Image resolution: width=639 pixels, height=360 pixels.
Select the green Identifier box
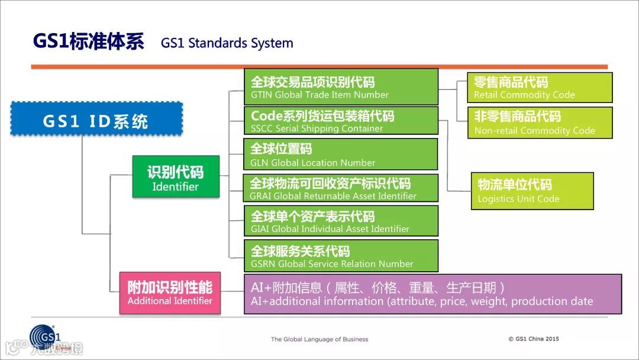pos(175,176)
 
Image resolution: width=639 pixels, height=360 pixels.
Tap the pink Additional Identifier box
pos(170,292)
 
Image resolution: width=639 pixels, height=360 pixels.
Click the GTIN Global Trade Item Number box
pos(341,87)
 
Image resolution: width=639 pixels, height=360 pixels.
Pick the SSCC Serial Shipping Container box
pos(341,121)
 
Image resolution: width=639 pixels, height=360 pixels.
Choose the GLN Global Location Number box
pos(341,155)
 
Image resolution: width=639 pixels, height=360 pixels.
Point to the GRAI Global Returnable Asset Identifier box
pos(341,188)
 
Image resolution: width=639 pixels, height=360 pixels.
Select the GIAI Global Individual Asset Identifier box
pos(341,221)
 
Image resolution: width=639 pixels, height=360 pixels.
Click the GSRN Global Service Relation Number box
pos(341,256)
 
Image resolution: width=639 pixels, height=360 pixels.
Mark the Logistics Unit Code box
pos(532,191)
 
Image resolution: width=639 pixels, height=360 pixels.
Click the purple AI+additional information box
pos(433,294)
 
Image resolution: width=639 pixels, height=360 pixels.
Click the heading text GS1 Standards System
pos(227,43)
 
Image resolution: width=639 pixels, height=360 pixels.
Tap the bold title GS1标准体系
pos(89,41)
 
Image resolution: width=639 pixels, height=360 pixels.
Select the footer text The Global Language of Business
pos(319,339)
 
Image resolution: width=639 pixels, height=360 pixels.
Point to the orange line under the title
pos(319,66)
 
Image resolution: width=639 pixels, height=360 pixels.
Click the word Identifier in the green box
pos(175,187)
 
